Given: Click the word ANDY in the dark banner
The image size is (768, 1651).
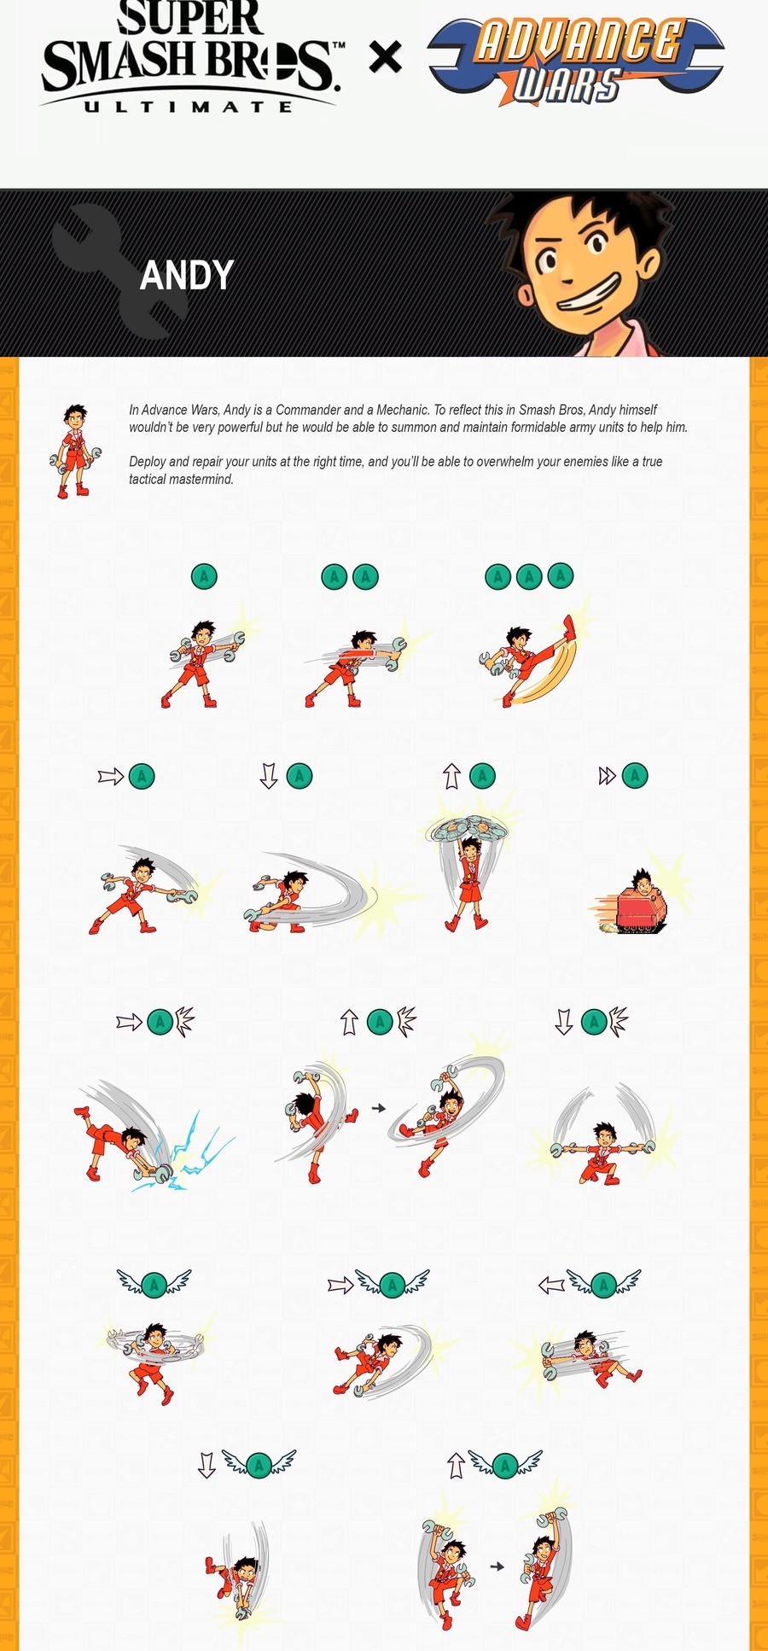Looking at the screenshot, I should pyautogui.click(x=186, y=276).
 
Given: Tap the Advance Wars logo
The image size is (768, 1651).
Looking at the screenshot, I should pyautogui.click(x=577, y=61).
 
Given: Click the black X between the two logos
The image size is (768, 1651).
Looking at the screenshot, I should pyautogui.click(x=385, y=57).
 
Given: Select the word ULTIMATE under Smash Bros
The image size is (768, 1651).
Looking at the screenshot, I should pyautogui.click(x=189, y=107).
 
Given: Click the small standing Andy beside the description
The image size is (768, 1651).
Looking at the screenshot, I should pyautogui.click(x=76, y=451).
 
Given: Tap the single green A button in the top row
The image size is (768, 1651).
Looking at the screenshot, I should pyautogui.click(x=204, y=576).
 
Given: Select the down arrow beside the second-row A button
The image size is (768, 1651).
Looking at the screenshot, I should pyautogui.click(x=269, y=776).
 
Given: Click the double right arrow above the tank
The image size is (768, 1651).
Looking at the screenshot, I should pyautogui.click(x=607, y=776).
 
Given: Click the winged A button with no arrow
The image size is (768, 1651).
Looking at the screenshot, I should pyautogui.click(x=154, y=1283).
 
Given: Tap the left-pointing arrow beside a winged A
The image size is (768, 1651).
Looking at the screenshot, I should pyautogui.click(x=551, y=1285).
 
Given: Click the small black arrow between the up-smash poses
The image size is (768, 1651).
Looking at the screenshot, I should pyautogui.click(x=379, y=1108).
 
